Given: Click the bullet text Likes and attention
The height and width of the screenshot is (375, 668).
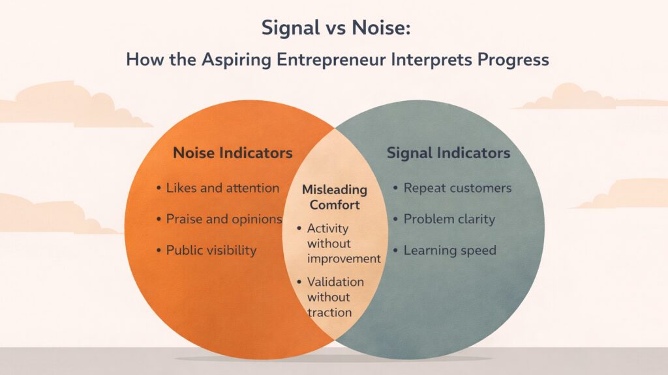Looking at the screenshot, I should click(x=222, y=188).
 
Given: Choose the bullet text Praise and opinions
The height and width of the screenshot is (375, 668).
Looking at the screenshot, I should click(x=224, y=219).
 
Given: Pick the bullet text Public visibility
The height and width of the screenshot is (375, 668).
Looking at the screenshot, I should click(x=211, y=250).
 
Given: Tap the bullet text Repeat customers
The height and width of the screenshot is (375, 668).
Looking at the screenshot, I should click(x=457, y=188).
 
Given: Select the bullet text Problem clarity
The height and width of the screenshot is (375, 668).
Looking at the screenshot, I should click(x=449, y=219).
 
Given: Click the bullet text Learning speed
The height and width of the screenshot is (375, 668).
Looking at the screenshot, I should click(x=449, y=250).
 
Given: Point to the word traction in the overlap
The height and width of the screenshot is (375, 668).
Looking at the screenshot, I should click(x=329, y=312).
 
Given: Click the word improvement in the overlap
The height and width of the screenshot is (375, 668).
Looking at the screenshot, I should click(x=344, y=258).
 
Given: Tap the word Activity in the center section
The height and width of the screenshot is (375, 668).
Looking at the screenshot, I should click(x=327, y=229).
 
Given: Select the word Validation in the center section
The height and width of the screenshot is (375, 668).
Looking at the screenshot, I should click(x=335, y=282).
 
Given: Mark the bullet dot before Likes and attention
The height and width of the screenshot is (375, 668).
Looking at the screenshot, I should click(x=159, y=188).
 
